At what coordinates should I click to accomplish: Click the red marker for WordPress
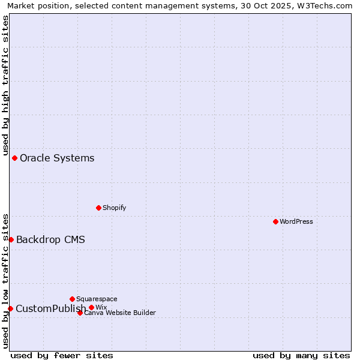[x=275, y=221]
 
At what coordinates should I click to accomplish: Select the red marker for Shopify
[x=98, y=208]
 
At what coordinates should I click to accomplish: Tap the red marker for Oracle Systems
[x=15, y=158]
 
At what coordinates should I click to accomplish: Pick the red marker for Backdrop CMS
[x=11, y=239]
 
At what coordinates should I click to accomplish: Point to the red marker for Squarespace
[x=72, y=299]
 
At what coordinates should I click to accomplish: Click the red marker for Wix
[x=91, y=307]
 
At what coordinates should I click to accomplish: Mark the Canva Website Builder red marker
[x=80, y=313]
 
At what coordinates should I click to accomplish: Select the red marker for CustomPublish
[x=10, y=308]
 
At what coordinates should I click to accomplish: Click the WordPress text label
[x=296, y=221]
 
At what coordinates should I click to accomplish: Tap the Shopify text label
[x=114, y=208]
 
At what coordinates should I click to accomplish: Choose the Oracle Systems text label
[x=57, y=158]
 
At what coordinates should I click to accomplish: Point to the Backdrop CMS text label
[x=50, y=239]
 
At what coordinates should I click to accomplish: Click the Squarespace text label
[x=97, y=299]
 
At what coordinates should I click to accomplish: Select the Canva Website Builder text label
[x=120, y=313]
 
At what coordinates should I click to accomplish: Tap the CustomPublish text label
[x=50, y=308]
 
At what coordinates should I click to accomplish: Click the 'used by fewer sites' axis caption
[x=62, y=355]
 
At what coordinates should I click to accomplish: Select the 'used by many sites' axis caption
[x=301, y=355]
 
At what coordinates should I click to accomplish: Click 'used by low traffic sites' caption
[x=5, y=280]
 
